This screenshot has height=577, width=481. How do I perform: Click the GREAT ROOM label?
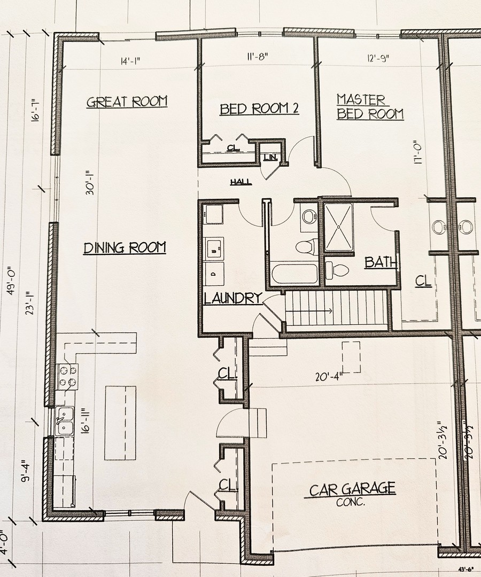tap(127, 101)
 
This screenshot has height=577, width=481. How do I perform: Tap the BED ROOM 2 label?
tap(259, 109)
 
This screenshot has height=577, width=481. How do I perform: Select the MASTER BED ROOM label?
tap(369, 107)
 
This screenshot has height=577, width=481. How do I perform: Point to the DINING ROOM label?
tap(125, 248)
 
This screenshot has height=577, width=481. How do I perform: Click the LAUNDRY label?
tap(232, 299)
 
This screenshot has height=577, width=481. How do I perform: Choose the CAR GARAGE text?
tap(352, 489)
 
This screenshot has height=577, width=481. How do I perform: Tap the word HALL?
tap(241, 182)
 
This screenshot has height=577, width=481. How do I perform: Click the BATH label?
tap(381, 262)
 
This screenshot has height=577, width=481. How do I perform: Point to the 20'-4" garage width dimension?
tap(328, 376)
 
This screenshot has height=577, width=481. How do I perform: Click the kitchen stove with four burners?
tap(67, 375)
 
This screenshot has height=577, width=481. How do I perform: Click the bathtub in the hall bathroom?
tap(294, 273)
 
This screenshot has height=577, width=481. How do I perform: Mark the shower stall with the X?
tap(339, 227)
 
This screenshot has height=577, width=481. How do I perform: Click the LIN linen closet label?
tap(269, 157)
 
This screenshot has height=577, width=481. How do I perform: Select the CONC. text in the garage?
tap(351, 502)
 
